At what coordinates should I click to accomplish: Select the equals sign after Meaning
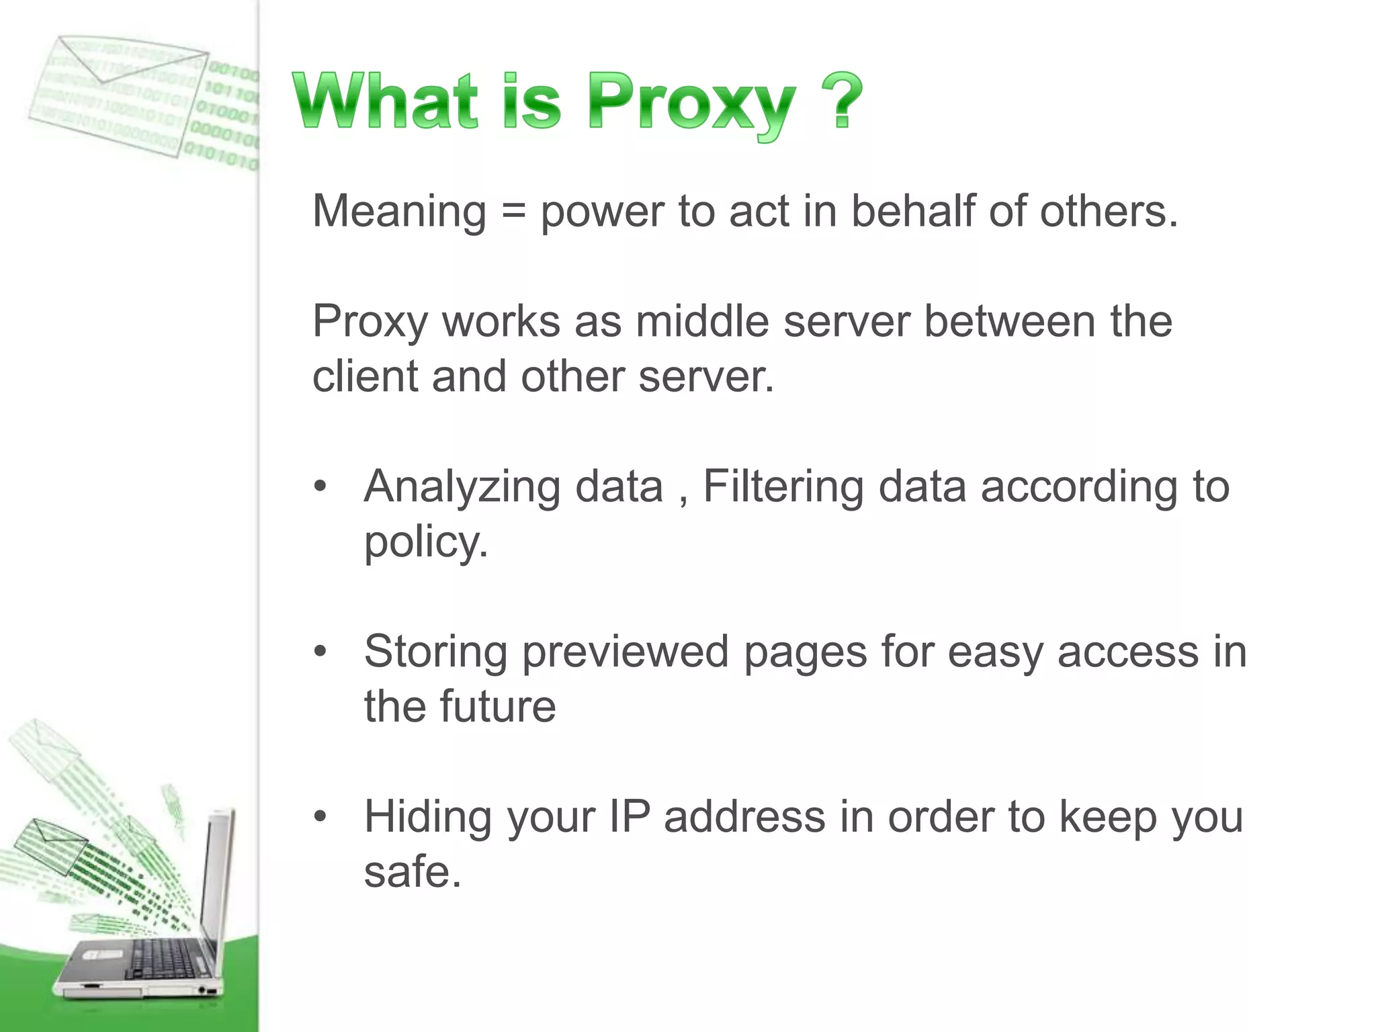pyautogui.click(x=513, y=211)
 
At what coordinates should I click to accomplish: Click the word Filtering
pyautogui.click(x=783, y=487)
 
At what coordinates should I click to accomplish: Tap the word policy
pyautogui.click(x=425, y=543)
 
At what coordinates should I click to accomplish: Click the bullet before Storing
pyautogui.click(x=320, y=652)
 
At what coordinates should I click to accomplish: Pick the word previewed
pyautogui.click(x=625, y=652)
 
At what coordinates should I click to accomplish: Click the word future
pyautogui.click(x=497, y=707)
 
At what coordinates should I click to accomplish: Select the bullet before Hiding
pyautogui.click(x=320, y=817)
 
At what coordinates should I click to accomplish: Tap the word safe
pyautogui.click(x=411, y=872)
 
